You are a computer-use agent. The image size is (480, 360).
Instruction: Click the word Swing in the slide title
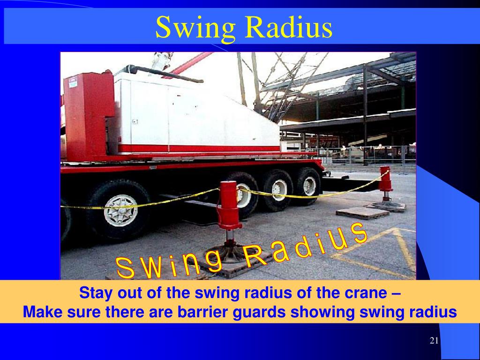tap(195, 27)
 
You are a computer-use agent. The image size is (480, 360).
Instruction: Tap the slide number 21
tap(434, 340)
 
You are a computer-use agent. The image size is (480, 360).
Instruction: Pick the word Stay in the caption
tap(95, 294)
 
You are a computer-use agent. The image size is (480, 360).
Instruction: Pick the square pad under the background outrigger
tap(362, 213)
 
